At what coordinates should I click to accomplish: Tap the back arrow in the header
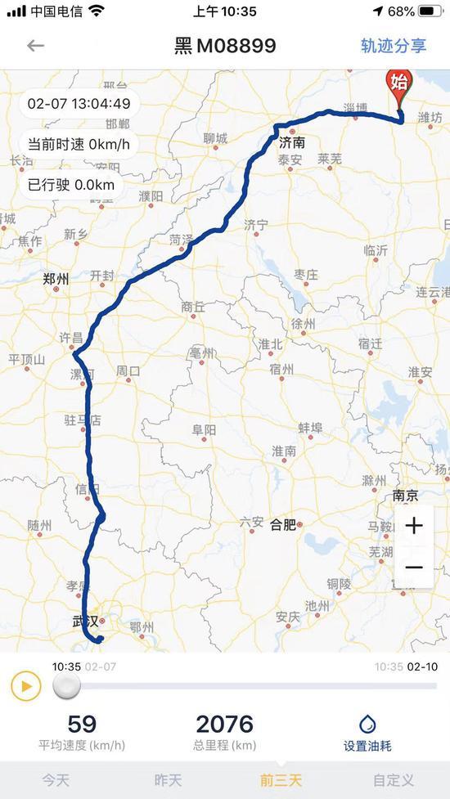[35, 46]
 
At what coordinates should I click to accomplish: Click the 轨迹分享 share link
[394, 46]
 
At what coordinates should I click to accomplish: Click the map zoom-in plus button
[414, 525]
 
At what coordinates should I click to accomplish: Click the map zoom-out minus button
[414, 568]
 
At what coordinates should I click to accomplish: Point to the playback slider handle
[67, 686]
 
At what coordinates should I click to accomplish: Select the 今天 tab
[56, 780]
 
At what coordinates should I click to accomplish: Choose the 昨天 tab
[169, 780]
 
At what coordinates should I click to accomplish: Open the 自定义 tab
[394, 780]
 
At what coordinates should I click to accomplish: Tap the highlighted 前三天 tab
[281, 780]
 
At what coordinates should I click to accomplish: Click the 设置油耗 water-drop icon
[367, 723]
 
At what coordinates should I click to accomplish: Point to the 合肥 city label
[282, 524]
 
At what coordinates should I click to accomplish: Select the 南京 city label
[405, 496]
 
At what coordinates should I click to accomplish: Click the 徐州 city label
[303, 324]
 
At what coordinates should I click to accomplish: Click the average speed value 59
[82, 724]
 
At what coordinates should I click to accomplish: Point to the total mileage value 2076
[225, 724]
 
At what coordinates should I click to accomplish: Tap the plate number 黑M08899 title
[225, 46]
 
